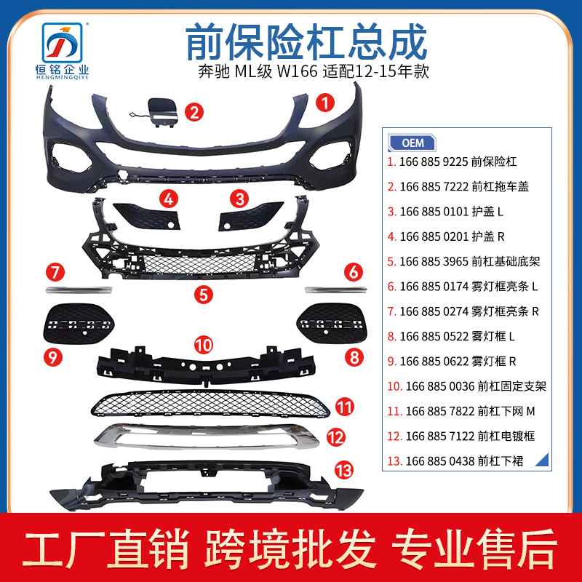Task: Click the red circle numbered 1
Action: [325, 103]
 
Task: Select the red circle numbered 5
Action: [204, 295]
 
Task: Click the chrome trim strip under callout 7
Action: [79, 290]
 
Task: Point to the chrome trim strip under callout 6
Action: [336, 290]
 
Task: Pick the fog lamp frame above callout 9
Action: [79, 324]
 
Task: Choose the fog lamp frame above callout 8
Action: [332, 324]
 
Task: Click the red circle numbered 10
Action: [204, 345]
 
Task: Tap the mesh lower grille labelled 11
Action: [210, 404]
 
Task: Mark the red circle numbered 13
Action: [344, 470]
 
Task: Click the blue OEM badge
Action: [412, 143]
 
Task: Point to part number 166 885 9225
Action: [432, 162]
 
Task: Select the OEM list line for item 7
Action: [463, 311]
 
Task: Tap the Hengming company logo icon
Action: [62, 43]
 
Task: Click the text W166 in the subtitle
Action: [298, 71]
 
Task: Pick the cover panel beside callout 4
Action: [147, 216]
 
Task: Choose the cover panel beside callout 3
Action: [251, 216]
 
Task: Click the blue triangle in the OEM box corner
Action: [543, 461]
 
